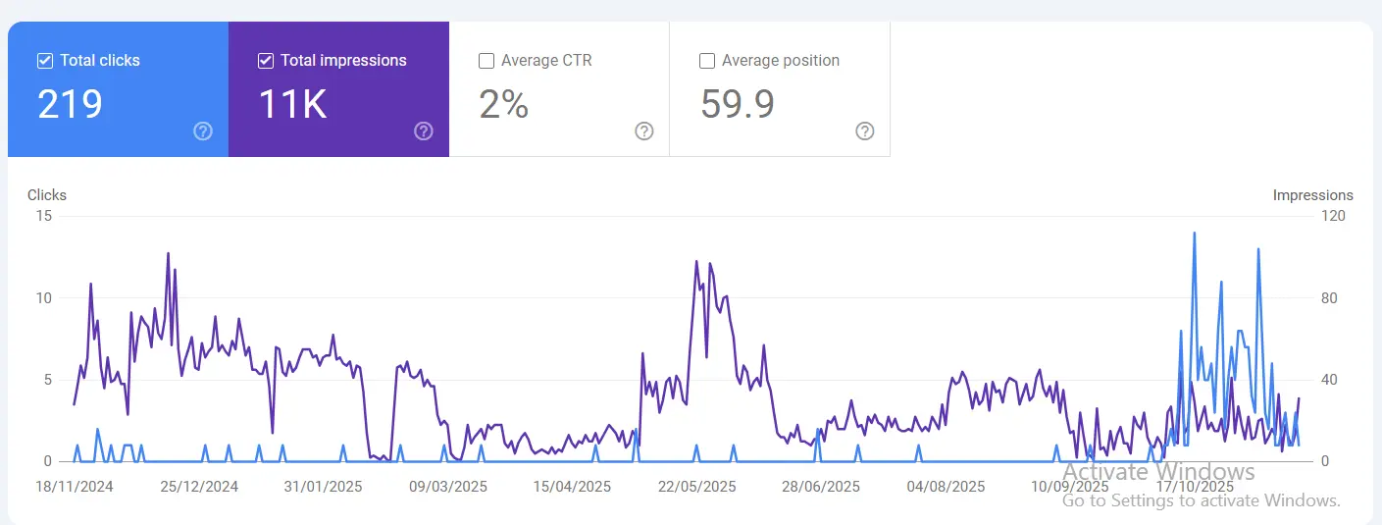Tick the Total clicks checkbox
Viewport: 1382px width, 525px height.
[x=44, y=61]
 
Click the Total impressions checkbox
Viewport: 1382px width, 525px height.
[x=265, y=61]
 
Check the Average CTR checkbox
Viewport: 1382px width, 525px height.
[x=486, y=61]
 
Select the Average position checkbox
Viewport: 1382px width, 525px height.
[x=706, y=61]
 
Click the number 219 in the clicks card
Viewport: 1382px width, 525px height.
[x=70, y=104]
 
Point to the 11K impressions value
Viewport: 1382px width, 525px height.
[x=292, y=104]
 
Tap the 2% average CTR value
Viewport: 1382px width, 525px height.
[x=504, y=104]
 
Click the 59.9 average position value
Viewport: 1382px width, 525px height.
[x=738, y=104]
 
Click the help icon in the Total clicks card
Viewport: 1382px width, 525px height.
[x=203, y=131]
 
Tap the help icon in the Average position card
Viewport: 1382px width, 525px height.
[x=865, y=131]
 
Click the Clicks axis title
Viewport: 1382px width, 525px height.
[x=47, y=195]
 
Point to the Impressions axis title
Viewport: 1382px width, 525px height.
[x=1312, y=195]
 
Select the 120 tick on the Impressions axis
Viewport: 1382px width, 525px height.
[x=1334, y=216]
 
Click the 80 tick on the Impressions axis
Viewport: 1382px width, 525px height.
[x=1330, y=298]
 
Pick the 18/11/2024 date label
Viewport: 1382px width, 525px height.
[x=75, y=487]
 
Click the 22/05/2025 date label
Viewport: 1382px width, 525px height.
[x=696, y=487]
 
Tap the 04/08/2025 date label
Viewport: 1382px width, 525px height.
[x=946, y=487]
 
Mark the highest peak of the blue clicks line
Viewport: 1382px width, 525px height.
[x=1194, y=234]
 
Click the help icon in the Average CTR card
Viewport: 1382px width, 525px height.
[x=644, y=131]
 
